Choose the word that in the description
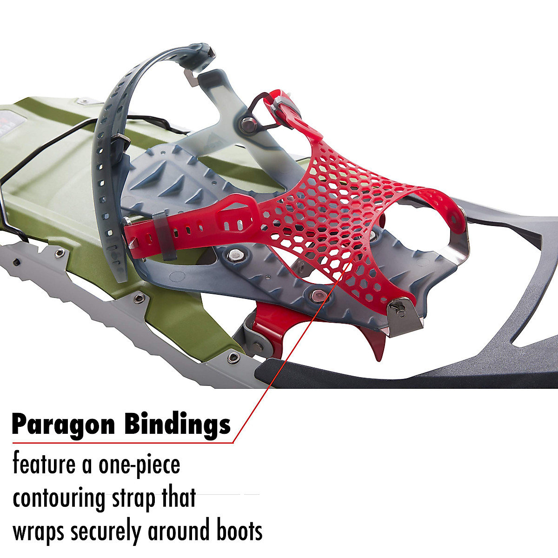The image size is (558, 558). click(x=179, y=498)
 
